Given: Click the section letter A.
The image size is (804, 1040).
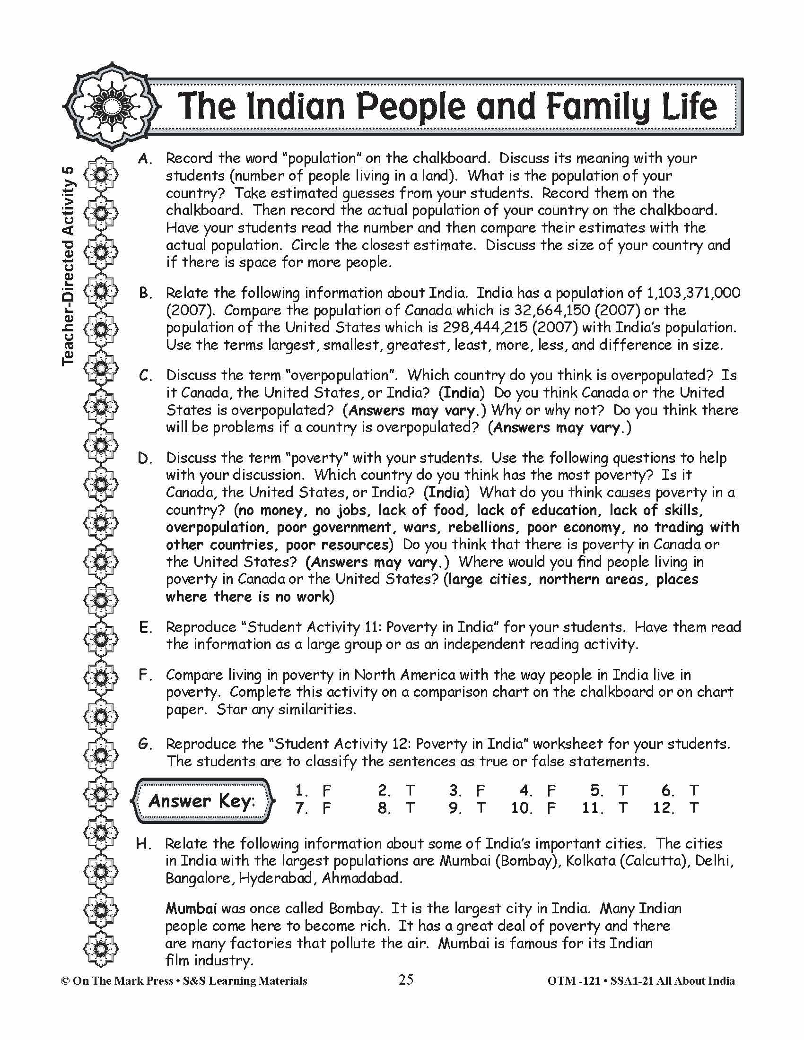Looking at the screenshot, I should tap(145, 158).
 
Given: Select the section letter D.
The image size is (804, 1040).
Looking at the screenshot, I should tap(145, 458).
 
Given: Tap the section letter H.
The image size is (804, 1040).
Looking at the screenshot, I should tap(144, 844).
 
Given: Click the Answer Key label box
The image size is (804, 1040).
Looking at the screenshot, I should tap(202, 800).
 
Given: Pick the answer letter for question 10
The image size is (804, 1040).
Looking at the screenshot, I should tap(551, 808).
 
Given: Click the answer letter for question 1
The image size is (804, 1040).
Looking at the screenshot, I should tap(326, 791).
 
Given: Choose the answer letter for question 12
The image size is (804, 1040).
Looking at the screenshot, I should tap(694, 808).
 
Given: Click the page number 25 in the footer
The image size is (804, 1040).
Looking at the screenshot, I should tap(406, 980).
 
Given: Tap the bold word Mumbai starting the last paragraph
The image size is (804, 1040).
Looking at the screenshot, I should tap(191, 909).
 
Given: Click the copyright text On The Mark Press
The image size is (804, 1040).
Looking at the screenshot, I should tap(122, 981).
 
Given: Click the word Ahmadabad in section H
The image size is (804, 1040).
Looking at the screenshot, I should tap(361, 878).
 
